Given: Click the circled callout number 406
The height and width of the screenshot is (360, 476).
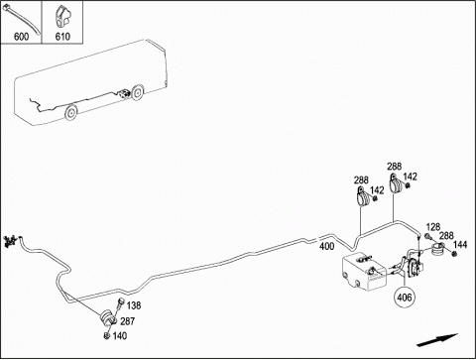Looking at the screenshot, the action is pos(405,298).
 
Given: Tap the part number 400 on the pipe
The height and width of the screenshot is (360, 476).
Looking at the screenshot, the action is pos(326,246).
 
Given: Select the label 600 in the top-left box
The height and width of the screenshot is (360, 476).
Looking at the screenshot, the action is pos(21,37).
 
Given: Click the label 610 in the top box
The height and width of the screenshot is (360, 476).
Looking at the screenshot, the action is pos(62,37).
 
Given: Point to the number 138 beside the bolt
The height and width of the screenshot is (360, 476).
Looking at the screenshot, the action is pos(134,305).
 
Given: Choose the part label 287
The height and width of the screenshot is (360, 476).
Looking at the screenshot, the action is pos(127,321).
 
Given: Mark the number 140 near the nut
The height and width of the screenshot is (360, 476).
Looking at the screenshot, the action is pos(120,336).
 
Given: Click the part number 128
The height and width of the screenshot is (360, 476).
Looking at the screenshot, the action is pos(433,227).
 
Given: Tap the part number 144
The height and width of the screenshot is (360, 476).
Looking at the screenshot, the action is pos(460,245).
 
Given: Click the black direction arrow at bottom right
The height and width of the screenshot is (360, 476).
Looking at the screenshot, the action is pos(437,340).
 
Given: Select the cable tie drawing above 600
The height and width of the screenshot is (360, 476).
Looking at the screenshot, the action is pos(21,20).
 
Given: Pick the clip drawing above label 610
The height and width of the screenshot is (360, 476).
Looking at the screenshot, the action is pos(62,17).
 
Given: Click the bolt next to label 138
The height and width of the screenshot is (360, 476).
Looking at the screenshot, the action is pos(120,303).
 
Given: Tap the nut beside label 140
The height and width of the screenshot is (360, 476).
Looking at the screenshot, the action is pos(107,335).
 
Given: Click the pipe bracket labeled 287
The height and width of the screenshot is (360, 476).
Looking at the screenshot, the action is pos(108,317).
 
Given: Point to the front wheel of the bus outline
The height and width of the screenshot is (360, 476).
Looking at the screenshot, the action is pos(70,113).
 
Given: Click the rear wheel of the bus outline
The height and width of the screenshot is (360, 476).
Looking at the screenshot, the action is pos(137,92).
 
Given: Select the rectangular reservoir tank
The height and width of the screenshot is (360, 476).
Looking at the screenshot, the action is pos(364,272).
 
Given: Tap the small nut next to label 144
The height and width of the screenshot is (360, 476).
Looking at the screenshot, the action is pos(454,254).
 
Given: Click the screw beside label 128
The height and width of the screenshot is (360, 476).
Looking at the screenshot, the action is pos(427,237).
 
